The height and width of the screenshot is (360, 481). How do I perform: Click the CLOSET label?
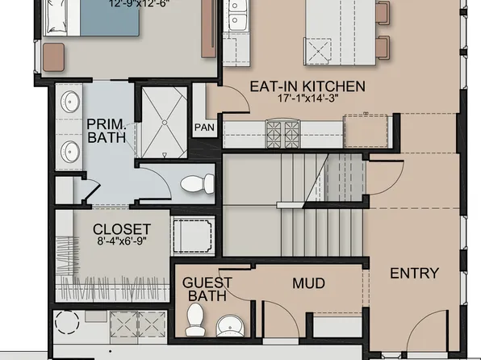point(121,228)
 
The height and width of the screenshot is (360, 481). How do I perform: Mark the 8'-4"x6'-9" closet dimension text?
point(121,241)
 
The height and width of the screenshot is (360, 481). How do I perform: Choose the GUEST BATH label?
point(207,289)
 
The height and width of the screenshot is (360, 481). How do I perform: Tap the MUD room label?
point(308,283)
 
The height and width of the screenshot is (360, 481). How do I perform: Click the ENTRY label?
point(414,273)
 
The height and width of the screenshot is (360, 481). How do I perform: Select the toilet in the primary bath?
point(194,184)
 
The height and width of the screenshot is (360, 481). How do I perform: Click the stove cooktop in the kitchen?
point(283,130)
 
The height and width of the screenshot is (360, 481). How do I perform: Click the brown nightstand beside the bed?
point(55,57)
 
